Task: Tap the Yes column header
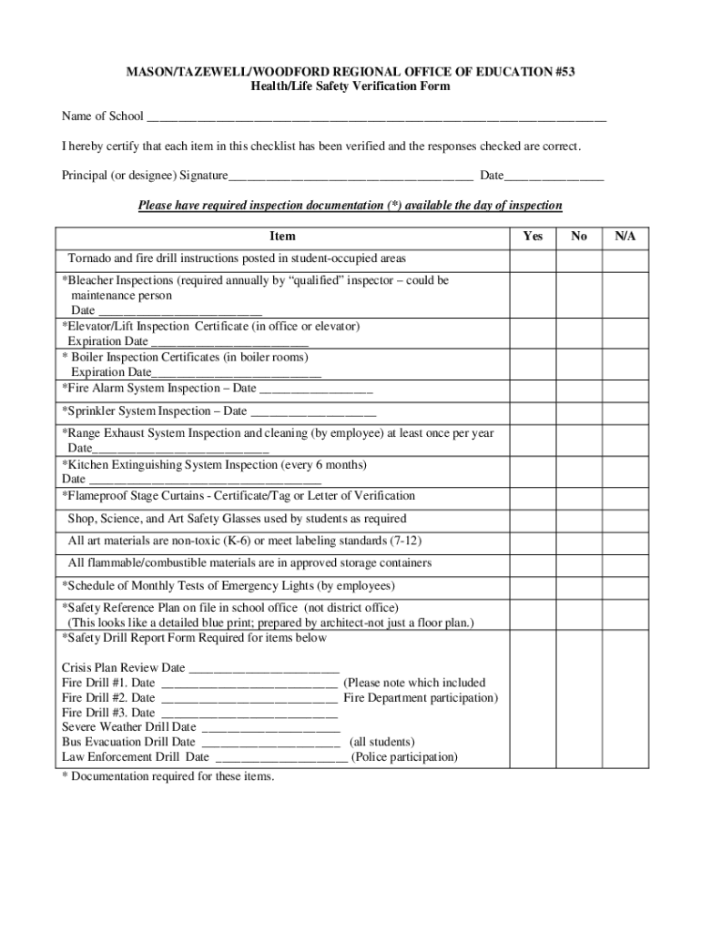(533, 237)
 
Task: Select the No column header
(579, 237)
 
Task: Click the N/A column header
(625, 237)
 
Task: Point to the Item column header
(282, 237)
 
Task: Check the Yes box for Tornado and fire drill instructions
(533, 259)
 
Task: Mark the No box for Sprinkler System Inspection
(579, 411)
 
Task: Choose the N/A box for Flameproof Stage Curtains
(625, 496)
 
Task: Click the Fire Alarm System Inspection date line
(316, 390)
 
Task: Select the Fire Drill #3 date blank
(249, 714)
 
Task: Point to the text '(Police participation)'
(404, 757)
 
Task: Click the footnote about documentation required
(168, 776)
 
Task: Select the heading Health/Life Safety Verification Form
(350, 86)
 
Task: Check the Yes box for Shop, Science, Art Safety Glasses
(533, 519)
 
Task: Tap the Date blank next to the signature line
(554, 176)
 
